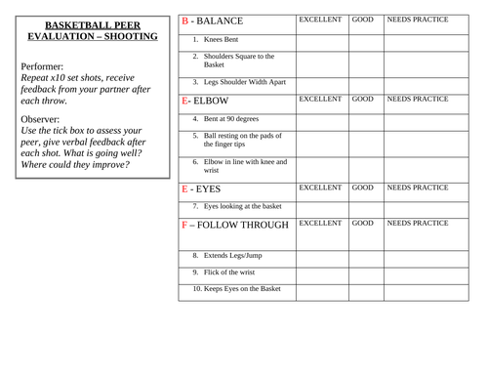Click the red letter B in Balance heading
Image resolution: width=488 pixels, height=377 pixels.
186,21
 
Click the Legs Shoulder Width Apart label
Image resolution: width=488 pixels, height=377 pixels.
239,82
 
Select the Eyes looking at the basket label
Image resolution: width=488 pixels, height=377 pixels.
237,206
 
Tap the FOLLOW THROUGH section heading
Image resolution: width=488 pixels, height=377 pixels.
235,226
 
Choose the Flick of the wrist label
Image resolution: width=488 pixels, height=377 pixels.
227,272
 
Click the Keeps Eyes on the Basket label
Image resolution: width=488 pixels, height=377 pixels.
236,289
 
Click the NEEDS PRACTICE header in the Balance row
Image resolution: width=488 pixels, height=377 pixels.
418,20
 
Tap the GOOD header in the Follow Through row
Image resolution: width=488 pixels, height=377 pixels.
363,224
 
